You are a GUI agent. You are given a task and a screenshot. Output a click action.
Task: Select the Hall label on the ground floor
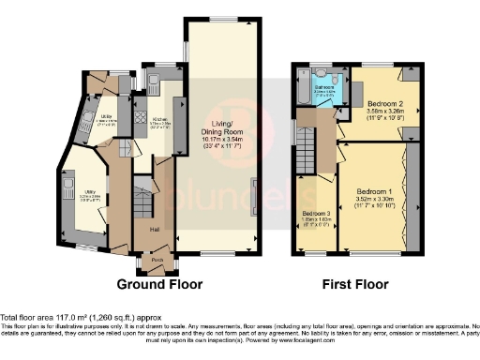click(x=153, y=228)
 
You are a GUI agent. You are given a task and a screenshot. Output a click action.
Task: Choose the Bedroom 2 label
click(x=384, y=102)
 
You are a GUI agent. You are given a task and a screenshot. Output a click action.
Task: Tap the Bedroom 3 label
click(x=311, y=215)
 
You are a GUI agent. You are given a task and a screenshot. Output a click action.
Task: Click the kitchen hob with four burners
click(x=142, y=118)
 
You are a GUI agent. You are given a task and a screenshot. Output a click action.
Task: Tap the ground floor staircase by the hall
click(x=141, y=202)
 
